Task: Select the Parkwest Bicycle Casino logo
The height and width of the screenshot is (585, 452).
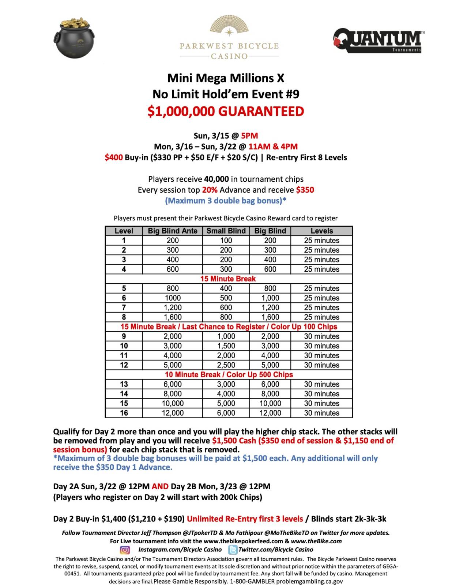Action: tap(229, 38)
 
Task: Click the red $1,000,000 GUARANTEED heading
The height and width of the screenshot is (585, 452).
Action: tap(226, 111)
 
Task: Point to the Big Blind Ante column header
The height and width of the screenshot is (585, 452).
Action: tap(173, 231)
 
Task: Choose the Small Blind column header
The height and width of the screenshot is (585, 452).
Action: tap(226, 231)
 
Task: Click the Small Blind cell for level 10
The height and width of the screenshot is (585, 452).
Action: tap(226, 346)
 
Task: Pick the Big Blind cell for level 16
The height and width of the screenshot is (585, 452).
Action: tap(270, 413)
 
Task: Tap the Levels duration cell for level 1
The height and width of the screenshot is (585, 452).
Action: tap(321, 241)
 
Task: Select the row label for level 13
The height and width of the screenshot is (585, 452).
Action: tap(124, 384)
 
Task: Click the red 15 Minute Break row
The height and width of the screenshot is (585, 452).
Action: tap(228, 279)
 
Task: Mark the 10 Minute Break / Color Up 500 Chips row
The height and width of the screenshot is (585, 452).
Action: tap(229, 374)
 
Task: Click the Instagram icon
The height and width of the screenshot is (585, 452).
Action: tap(125, 550)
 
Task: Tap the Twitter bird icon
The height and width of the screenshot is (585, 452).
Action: tap(233, 550)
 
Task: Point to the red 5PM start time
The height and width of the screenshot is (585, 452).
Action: tap(249, 136)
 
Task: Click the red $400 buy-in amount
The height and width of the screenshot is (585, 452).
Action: tap(113, 158)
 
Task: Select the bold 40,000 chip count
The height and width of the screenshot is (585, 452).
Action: tap(216, 179)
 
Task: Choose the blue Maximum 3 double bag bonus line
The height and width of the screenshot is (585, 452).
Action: tap(226, 200)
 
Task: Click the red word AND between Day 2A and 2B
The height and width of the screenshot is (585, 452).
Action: tap(160, 486)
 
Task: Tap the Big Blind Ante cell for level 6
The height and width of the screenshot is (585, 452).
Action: tap(173, 298)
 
